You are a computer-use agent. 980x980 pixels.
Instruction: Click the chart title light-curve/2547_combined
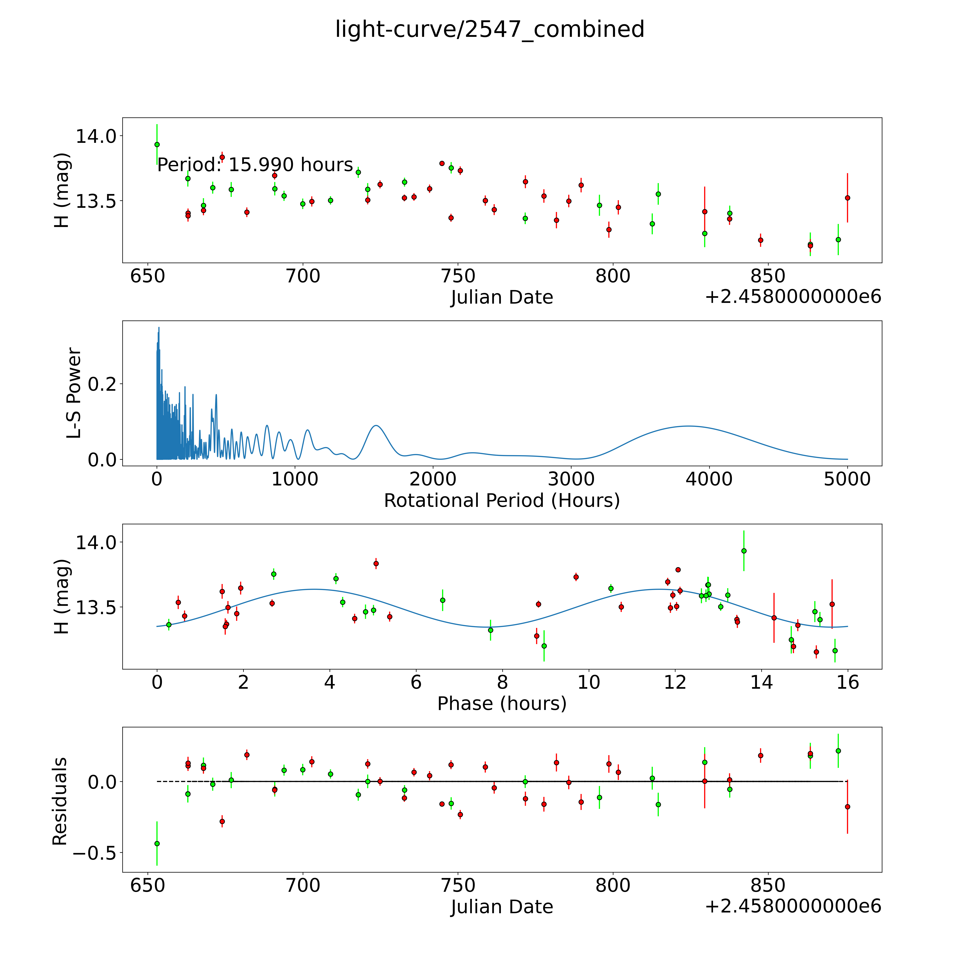[489, 29]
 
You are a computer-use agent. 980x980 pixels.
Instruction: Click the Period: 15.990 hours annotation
[255, 165]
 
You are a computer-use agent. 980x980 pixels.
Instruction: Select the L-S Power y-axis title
[74, 393]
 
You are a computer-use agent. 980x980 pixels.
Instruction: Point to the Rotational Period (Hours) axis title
[502, 501]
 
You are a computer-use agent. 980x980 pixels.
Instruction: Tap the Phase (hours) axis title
[502, 704]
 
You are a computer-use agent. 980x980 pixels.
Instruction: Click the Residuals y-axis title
[60, 801]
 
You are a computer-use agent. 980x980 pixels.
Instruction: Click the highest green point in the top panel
[157, 145]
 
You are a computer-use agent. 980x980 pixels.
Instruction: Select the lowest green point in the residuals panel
[157, 844]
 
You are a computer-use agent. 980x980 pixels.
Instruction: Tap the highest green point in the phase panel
[744, 551]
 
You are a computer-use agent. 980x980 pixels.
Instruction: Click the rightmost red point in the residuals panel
[847, 807]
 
